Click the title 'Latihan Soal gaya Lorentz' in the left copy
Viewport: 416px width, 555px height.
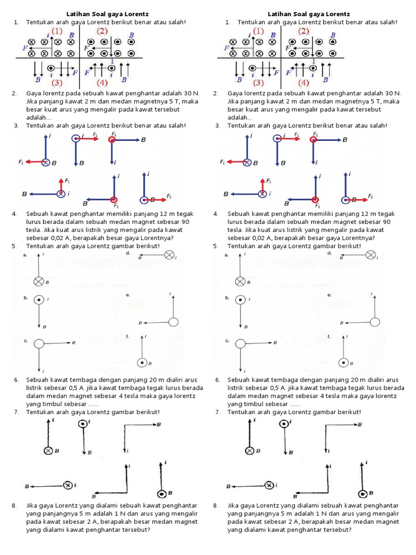(x=107, y=14)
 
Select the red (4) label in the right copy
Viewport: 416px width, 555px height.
(x=303, y=83)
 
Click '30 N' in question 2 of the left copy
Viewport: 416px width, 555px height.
(x=192, y=93)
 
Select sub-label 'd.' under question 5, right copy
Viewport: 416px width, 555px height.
(x=329, y=253)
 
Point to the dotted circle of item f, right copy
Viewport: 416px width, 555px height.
(x=343, y=363)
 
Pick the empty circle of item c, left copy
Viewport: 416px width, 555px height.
(x=39, y=343)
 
